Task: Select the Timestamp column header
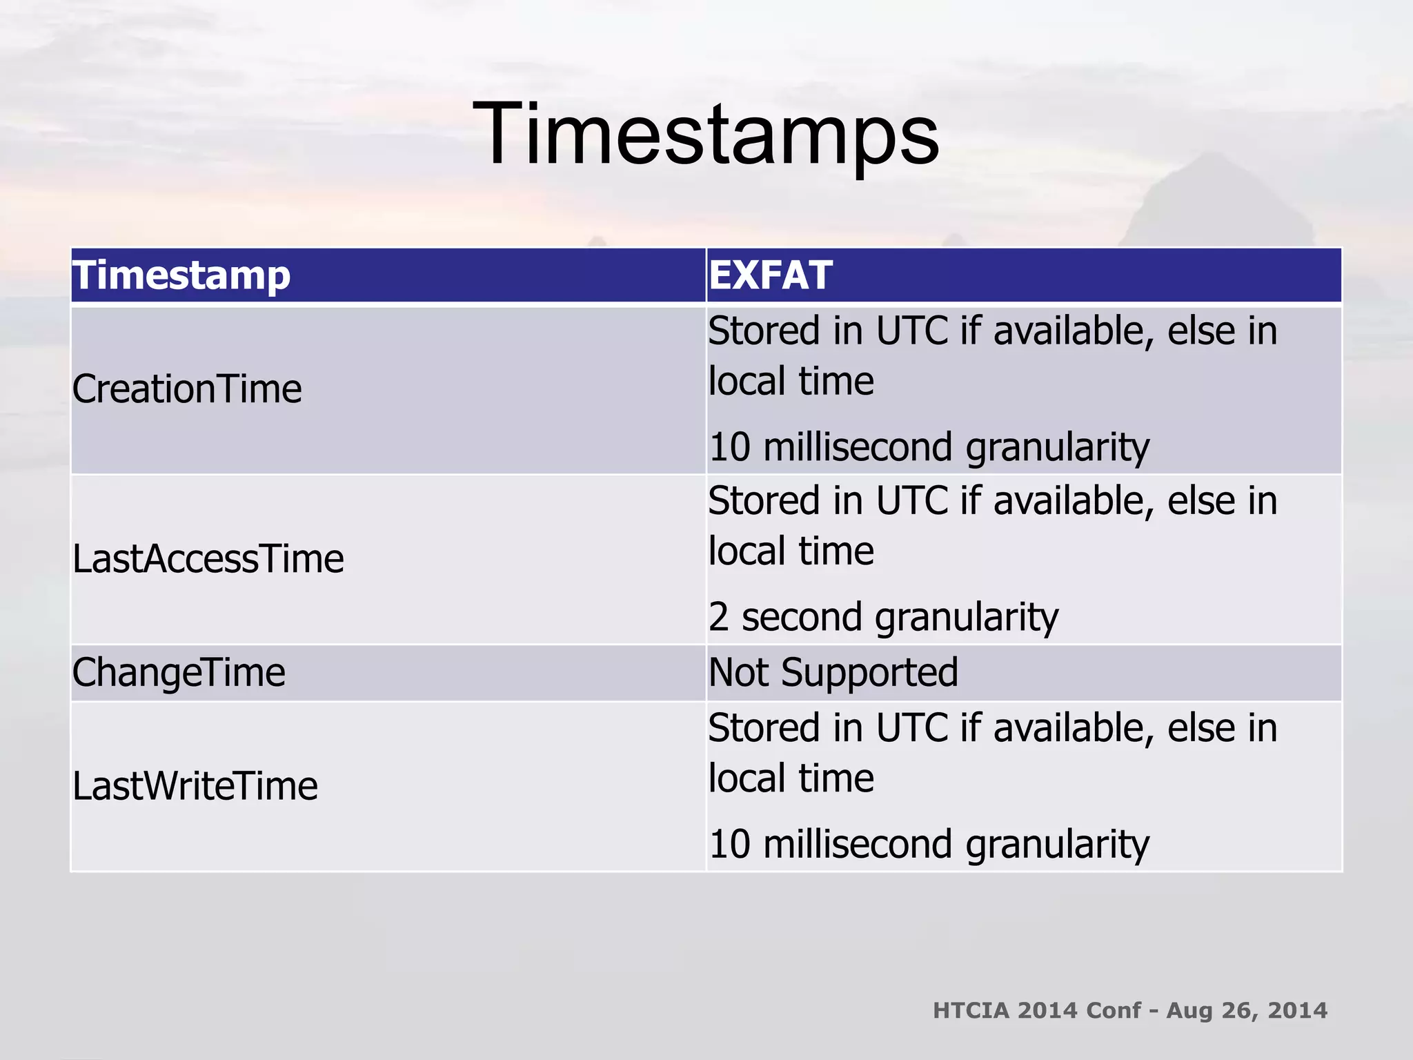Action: (181, 275)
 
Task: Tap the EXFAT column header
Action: (770, 275)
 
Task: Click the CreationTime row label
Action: (187, 389)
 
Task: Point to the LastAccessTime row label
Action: (208, 559)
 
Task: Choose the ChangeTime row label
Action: (179, 673)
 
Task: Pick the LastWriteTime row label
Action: (195, 787)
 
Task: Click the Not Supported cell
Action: (833, 673)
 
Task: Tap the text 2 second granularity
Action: (883, 617)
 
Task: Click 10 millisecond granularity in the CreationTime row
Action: (929, 447)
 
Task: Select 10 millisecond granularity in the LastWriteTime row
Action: (929, 845)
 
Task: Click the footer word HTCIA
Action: (970, 1011)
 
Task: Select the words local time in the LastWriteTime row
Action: (791, 779)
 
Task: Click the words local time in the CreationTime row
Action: (791, 382)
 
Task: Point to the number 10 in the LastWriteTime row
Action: (729, 845)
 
